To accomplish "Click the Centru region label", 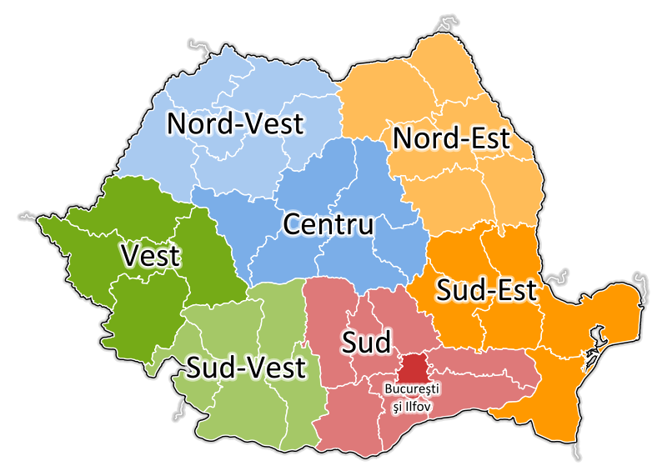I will pyautogui.click(x=328, y=225).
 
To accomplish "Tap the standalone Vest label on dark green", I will pyautogui.click(x=150, y=255).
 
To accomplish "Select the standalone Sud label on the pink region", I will pyautogui.click(x=365, y=342).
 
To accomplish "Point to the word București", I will pyautogui.click(x=411, y=388).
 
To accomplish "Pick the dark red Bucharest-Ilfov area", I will pyautogui.click(x=414, y=367).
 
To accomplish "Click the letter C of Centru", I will pyautogui.click(x=292, y=225).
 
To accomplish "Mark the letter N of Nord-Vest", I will pyautogui.click(x=177, y=124).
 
